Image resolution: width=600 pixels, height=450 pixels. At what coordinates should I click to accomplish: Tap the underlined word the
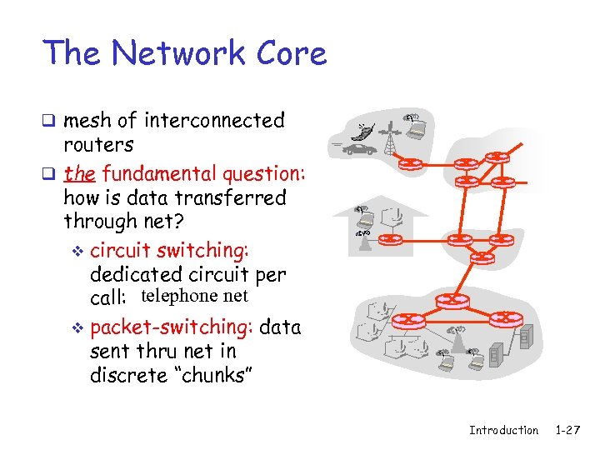click(x=79, y=174)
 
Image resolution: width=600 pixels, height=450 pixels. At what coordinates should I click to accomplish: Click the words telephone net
click(x=194, y=296)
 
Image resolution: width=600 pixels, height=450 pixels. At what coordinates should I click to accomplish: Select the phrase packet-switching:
click(x=172, y=327)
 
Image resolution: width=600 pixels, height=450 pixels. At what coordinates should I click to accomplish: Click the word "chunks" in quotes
click(x=208, y=375)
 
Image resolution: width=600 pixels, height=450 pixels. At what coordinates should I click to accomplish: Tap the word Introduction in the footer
click(x=503, y=430)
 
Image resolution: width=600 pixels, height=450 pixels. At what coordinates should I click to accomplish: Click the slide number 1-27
click(x=567, y=430)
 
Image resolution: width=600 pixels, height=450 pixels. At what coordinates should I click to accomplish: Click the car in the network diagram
click(x=359, y=150)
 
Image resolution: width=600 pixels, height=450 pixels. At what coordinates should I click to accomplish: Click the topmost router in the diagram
click(x=497, y=157)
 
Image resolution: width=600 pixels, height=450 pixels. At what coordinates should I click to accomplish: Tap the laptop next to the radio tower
click(x=415, y=127)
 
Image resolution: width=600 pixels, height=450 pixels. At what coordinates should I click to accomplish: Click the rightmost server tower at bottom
click(x=525, y=337)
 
